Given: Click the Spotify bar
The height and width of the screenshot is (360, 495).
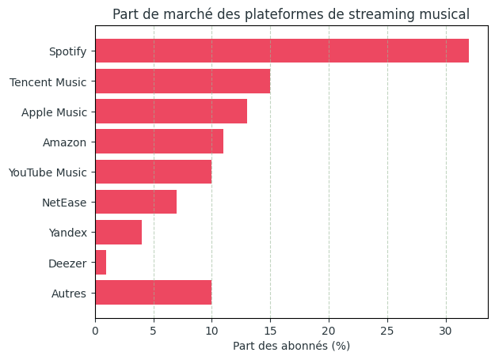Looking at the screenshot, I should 281,51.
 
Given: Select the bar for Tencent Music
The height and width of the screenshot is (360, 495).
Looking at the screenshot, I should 182,81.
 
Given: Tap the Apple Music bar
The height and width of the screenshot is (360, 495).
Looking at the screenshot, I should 171,112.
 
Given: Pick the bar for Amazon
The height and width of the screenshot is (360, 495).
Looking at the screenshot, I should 159,142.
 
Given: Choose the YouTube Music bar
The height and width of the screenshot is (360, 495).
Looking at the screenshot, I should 154,172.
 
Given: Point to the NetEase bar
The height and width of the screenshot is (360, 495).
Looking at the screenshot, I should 135,202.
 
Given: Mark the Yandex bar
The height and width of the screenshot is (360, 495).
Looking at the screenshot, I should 118,232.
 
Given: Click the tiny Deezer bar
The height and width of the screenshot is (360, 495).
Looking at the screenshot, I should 101,262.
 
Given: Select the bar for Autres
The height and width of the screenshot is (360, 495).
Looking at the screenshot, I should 154,292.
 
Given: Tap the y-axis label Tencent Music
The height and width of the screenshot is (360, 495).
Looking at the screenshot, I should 48,82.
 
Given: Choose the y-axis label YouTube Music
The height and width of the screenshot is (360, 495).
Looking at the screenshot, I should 47,172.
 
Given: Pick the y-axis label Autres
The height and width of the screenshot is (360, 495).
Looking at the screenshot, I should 68,293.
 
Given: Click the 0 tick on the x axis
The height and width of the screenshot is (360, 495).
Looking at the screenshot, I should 95,330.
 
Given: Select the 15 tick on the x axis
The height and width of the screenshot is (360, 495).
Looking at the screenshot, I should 270,330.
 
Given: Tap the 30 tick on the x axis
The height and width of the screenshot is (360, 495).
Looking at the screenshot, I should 446,330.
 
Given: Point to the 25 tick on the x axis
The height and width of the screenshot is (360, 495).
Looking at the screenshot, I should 387,330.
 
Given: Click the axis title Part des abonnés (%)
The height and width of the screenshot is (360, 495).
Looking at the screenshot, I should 291,346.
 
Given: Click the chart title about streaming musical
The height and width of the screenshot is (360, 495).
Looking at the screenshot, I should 291,14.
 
